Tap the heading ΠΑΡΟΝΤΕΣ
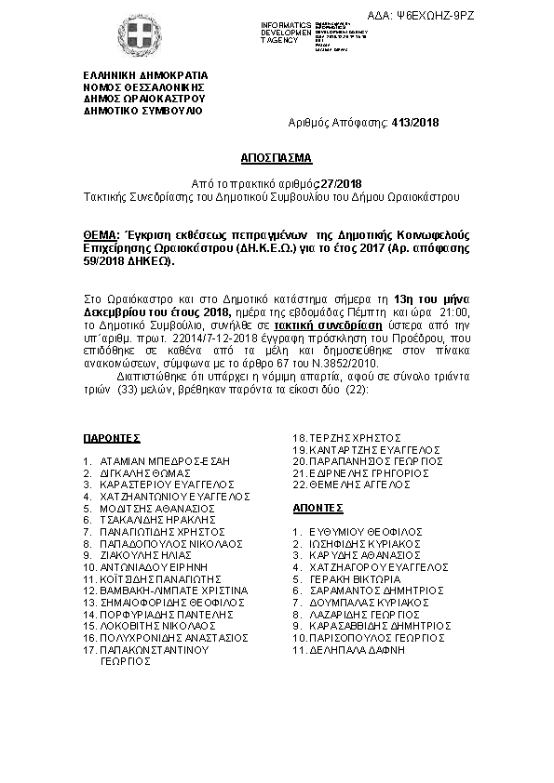(111, 436)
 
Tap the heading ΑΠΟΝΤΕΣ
(318, 510)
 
